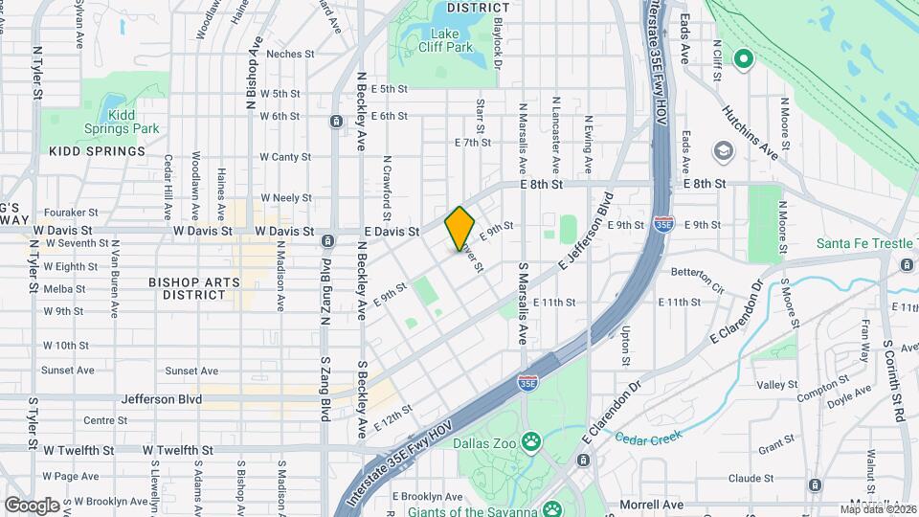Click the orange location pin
pyautogui.click(x=460, y=228)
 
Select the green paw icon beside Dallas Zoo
pyautogui.click(x=530, y=440)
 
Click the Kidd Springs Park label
pyautogui.click(x=132, y=121)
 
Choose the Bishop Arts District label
pyautogui.click(x=187, y=288)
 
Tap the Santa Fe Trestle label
pyautogui.click(x=864, y=243)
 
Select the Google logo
pyautogui.click(x=32, y=505)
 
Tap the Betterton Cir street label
pyautogui.click(x=697, y=279)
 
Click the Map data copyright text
pyautogui.click(x=879, y=509)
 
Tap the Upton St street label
pyautogui.click(x=626, y=345)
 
